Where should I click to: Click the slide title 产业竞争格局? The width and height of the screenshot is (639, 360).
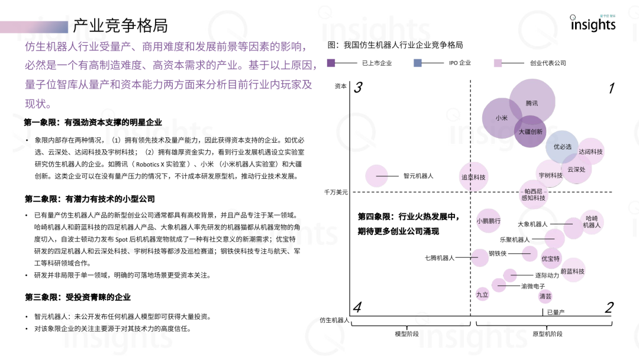120,25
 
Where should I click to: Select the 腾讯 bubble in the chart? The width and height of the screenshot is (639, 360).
532,103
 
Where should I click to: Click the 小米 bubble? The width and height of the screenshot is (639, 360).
502,118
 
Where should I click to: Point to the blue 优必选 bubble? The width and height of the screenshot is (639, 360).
562,146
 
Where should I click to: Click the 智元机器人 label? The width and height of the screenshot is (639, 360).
418,176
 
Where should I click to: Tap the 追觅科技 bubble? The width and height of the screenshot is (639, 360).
473,177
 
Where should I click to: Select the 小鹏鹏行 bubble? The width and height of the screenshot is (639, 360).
489,221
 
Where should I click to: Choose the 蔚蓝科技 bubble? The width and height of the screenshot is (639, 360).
572,271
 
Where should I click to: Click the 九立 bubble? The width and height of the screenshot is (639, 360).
482,294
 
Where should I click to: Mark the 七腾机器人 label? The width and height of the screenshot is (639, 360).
440,258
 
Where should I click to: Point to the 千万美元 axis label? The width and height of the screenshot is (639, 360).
336,192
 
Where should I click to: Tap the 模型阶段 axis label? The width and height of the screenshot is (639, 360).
407,334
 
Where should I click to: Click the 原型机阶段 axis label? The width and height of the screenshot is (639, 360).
547,334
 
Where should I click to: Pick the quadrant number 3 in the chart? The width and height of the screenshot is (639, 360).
358,88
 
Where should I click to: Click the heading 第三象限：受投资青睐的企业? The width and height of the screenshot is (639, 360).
78,297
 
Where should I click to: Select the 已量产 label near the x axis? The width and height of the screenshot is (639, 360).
556,312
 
